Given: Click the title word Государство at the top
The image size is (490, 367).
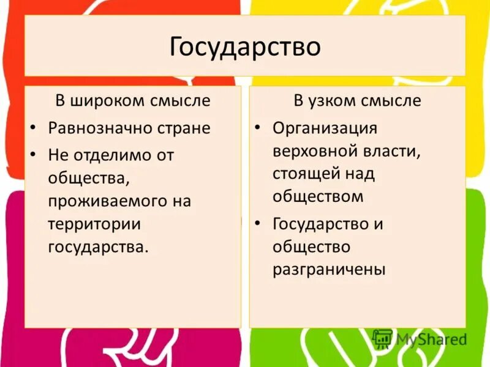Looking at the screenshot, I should click(245, 46).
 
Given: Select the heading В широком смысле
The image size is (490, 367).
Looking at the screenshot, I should click(133, 100).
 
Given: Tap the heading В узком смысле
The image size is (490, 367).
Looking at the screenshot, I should click(357, 100).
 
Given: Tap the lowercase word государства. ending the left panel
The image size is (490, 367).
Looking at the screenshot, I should click(98, 247).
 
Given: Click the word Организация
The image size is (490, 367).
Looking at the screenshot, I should click(325, 128).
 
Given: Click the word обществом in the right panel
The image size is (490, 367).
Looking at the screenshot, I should click(318, 196).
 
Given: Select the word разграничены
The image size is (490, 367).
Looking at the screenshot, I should click(329, 269).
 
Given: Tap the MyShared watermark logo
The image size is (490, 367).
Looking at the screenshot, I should click(420, 339).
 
